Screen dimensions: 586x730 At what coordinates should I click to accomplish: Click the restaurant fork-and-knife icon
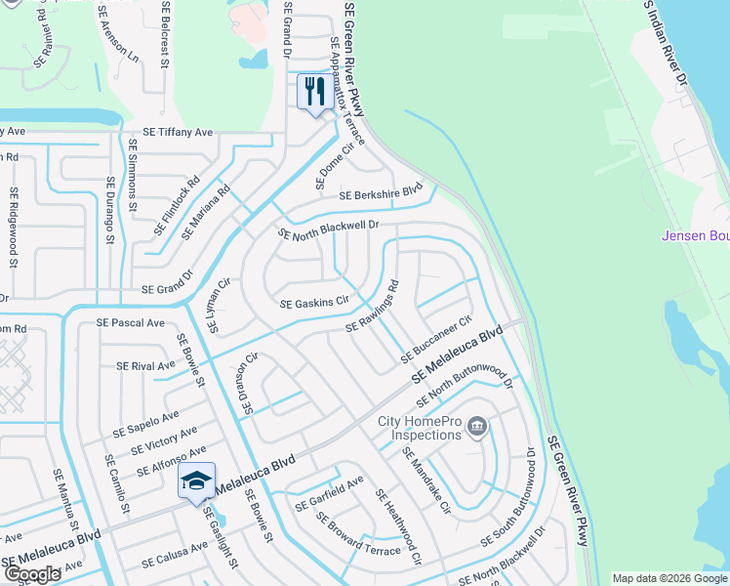(314, 92)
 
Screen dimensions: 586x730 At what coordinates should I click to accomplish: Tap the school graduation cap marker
(196, 481)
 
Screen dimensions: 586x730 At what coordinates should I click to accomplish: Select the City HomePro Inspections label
(419, 428)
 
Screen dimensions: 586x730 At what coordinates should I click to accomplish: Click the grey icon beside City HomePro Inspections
(477, 426)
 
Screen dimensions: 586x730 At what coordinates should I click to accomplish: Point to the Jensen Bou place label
(695, 235)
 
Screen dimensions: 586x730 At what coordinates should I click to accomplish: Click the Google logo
(32, 574)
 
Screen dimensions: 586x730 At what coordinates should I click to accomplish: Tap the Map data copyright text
(669, 578)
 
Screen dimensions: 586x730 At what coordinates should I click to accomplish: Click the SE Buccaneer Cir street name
(436, 338)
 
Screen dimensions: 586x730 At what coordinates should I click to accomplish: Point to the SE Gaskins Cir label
(314, 304)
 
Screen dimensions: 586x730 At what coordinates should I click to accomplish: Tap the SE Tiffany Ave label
(178, 132)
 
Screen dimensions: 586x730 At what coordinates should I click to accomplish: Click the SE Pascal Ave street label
(131, 322)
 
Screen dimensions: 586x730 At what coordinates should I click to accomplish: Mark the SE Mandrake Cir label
(426, 480)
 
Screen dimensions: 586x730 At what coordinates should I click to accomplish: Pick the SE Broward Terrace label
(358, 532)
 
